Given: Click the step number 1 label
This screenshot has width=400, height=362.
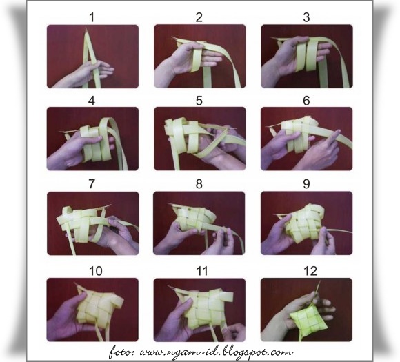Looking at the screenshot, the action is [x=92, y=17].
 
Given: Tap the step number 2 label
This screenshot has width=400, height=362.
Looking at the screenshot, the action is [x=199, y=17].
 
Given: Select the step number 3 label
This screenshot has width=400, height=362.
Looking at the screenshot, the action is [x=306, y=17].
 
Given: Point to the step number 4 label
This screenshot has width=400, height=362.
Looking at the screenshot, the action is [x=92, y=101].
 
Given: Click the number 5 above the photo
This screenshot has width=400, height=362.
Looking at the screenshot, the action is [x=199, y=101].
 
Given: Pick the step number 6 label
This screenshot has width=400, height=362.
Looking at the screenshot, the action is [x=306, y=101].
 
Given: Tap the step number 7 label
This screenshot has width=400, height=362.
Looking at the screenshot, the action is [x=92, y=183].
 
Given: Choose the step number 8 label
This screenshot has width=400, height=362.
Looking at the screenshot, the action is [x=199, y=183].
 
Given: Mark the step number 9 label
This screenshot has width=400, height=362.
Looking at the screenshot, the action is [x=306, y=183].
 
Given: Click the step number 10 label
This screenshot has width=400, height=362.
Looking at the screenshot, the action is [x=96, y=271].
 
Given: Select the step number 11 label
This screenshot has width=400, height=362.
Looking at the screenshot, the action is [x=202, y=271].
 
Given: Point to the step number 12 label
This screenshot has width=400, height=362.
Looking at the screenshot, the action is [x=310, y=271].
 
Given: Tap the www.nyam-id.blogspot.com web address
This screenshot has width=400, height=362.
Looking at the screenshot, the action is [x=217, y=352].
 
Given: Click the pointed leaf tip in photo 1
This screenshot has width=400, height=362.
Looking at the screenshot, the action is [x=86, y=26].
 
